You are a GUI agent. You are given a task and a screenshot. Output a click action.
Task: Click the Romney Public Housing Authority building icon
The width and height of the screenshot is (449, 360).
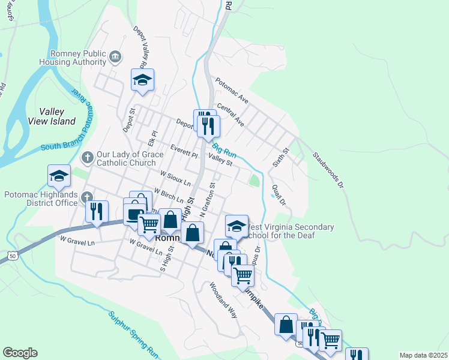[x=115, y=57]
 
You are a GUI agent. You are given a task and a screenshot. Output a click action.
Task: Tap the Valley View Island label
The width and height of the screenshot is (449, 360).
[x=52, y=116]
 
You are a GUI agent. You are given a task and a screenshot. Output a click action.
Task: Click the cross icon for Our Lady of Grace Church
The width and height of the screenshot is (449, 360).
[x=87, y=157]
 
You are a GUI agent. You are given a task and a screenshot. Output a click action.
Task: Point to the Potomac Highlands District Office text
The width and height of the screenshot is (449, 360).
[x=41, y=199]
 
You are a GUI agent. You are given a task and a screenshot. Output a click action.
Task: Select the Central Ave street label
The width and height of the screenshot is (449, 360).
[x=231, y=114]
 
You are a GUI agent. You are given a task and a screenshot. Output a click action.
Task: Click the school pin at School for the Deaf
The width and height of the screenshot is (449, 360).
[x=237, y=226]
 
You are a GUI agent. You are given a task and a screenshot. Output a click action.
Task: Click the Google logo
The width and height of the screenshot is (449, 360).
[x=20, y=353]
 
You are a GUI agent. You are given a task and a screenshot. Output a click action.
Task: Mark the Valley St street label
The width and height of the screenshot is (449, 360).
[x=220, y=161]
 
